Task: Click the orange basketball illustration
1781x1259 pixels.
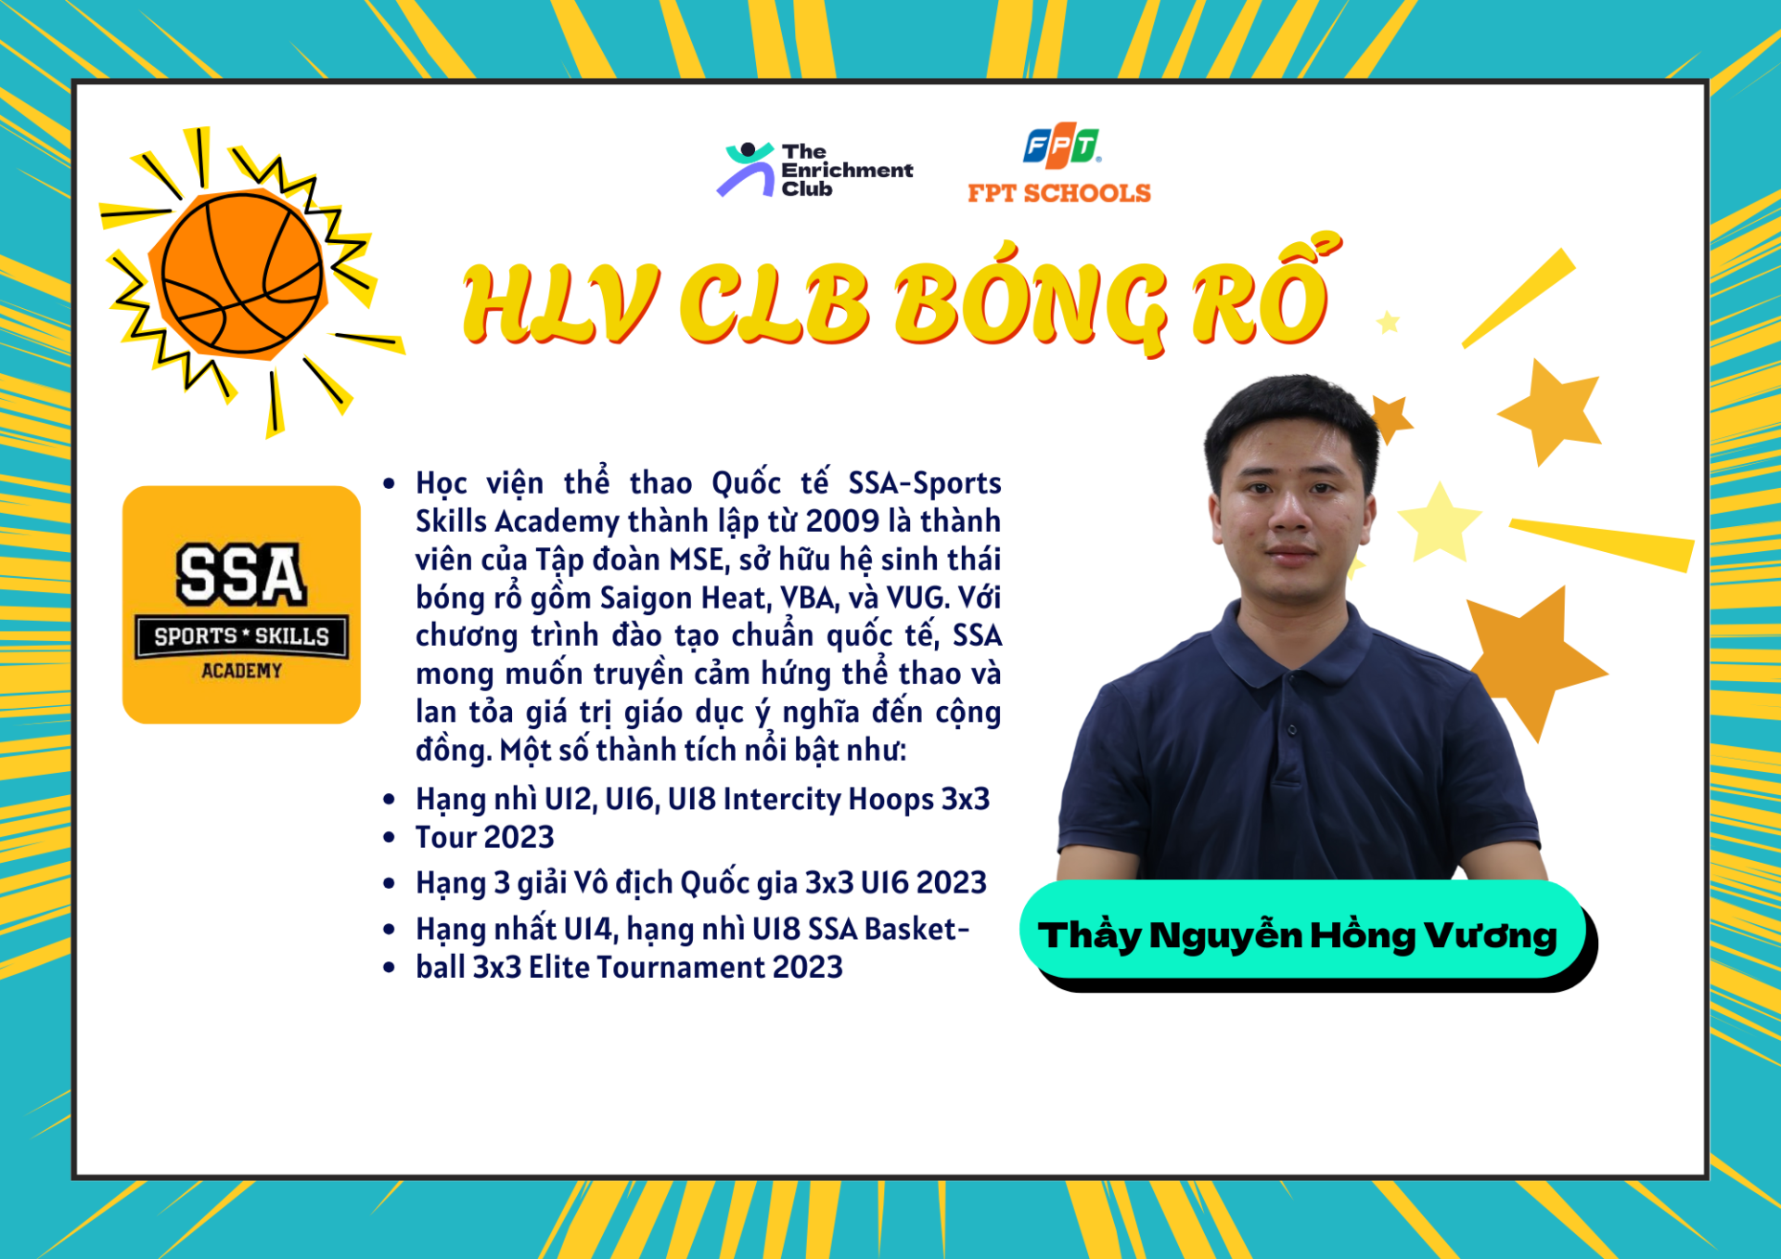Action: click(x=242, y=274)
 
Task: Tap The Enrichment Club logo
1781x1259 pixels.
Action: click(x=815, y=170)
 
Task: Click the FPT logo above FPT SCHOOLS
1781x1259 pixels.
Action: click(x=1061, y=146)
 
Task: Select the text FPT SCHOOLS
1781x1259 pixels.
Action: click(x=1059, y=193)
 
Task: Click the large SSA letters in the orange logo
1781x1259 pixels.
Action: click(x=240, y=574)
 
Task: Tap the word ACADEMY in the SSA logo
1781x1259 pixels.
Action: click(x=241, y=670)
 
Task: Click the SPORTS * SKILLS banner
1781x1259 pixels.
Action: click(x=242, y=636)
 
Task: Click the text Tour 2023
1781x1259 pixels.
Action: click(x=484, y=837)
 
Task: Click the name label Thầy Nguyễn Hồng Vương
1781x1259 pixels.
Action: click(x=1298, y=935)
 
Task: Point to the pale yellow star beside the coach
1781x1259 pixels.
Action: click(x=1439, y=522)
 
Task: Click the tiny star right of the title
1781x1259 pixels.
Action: click(x=1389, y=322)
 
